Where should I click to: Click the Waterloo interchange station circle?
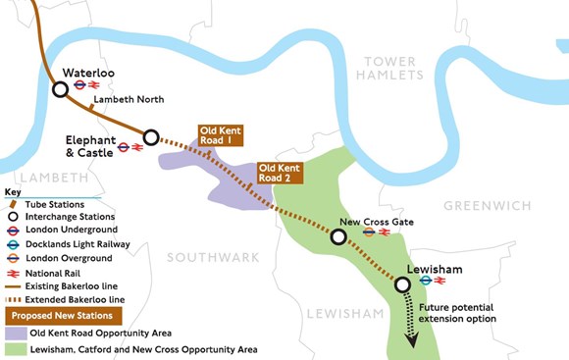pyautogui.click(x=61, y=88)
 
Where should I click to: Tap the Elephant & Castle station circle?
pyautogui.click(x=151, y=137)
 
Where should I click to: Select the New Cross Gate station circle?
pyautogui.click(x=338, y=237)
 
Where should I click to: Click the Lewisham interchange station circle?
pyautogui.click(x=402, y=284)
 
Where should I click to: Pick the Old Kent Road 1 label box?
pyautogui.click(x=219, y=136)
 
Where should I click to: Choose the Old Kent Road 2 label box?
pyautogui.click(x=280, y=174)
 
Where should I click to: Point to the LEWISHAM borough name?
pyautogui.click(x=340, y=313)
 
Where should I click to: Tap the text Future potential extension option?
pyautogui.click(x=456, y=313)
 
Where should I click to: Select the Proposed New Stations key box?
pyautogui.click(x=64, y=315)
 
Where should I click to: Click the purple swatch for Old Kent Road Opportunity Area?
pyautogui.click(x=15, y=334)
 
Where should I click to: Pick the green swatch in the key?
pyautogui.click(x=15, y=349)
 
